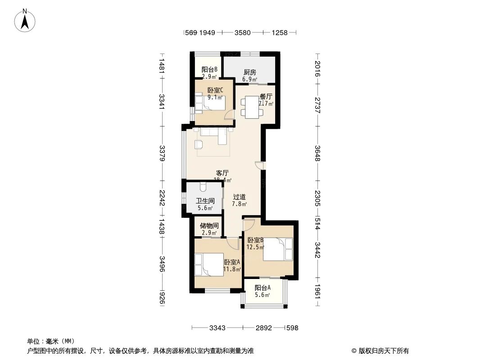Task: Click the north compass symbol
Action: pos(26,20)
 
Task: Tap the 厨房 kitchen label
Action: pos(250,72)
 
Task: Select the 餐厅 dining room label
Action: pos(266,96)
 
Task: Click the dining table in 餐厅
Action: pos(249,107)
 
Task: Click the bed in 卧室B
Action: pos(277,249)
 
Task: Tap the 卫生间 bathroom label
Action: pos(204,201)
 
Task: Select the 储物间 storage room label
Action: pos(210,226)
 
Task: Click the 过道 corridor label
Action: pos(240,197)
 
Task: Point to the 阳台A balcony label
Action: pos(263,288)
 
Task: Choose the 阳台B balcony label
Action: pos(209,69)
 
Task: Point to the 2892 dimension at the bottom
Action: pos(264,328)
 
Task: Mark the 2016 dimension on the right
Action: pos(318,68)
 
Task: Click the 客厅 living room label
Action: pos(222,173)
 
